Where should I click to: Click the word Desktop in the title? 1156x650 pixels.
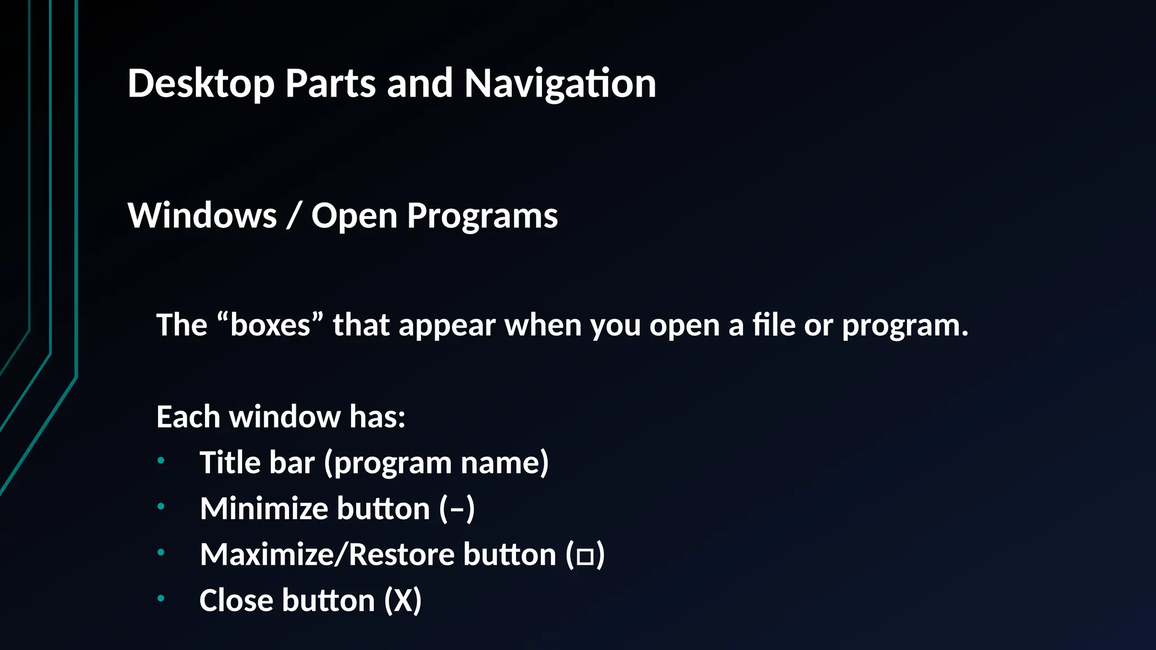pyautogui.click(x=201, y=84)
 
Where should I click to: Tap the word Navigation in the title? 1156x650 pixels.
pyautogui.click(x=560, y=84)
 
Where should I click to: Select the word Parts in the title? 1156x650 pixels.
pyautogui.click(x=330, y=84)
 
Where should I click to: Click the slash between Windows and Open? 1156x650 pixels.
pyautogui.click(x=293, y=216)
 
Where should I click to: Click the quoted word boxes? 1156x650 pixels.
pyautogui.click(x=270, y=326)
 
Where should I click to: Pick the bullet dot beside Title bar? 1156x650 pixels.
pyautogui.click(x=161, y=461)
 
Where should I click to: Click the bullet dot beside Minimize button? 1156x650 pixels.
pyautogui.click(x=161, y=507)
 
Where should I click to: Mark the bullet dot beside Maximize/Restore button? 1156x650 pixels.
pyautogui.click(x=161, y=552)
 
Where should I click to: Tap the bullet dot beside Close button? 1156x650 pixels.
pyautogui.click(x=161, y=598)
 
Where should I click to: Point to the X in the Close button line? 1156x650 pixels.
pyautogui.click(x=403, y=600)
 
